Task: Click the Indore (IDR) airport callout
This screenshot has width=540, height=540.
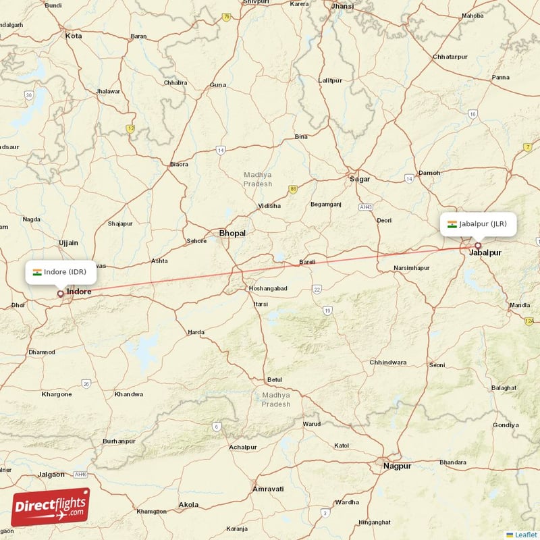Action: coord(61,272)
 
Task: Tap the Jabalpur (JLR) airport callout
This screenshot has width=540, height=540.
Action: coord(478,224)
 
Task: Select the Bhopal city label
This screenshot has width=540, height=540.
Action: coord(232,234)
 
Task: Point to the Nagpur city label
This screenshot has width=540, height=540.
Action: coord(396,466)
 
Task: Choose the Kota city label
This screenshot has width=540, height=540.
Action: coord(73,35)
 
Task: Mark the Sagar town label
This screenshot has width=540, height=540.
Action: coord(360,179)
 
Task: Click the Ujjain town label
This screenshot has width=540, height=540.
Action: coord(68,242)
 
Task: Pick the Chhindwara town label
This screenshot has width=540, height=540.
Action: coord(388,362)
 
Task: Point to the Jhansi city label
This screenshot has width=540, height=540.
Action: coord(342,6)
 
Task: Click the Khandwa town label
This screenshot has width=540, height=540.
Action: coord(129,394)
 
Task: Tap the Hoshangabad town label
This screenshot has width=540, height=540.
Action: coord(268,288)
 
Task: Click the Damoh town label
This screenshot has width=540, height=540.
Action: coord(430,173)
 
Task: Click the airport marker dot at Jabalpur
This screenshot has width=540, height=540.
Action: coord(478,246)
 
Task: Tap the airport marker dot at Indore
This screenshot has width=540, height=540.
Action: coord(61,294)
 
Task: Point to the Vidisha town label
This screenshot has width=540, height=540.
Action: coord(270,206)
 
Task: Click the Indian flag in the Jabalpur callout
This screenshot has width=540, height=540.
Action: coord(452,224)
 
